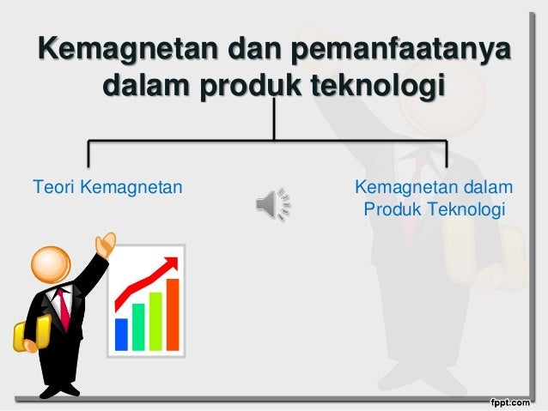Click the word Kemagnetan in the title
pyautogui.click(x=125, y=49)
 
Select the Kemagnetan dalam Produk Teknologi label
pyautogui.click(x=435, y=198)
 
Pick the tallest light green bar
pyautogui.click(x=155, y=320)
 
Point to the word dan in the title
pyautogui.click(x=255, y=49)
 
